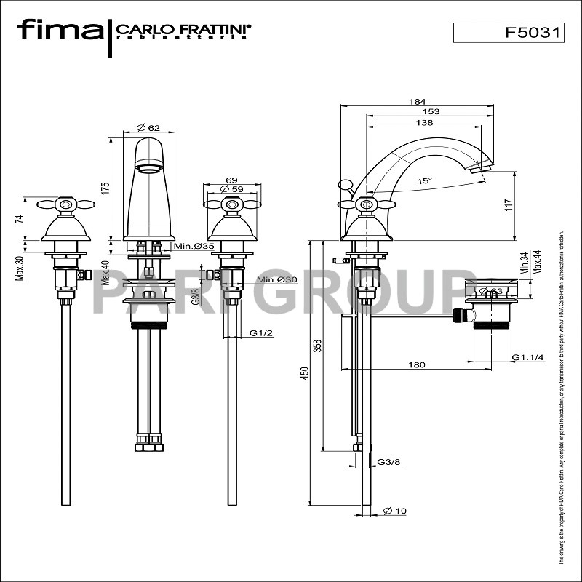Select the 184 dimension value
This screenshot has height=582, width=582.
click(x=418, y=102)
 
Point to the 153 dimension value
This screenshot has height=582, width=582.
click(x=431, y=111)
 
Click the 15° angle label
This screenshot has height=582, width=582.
click(x=423, y=180)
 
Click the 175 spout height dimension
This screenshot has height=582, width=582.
click(x=105, y=188)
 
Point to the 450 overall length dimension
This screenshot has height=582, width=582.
click(x=306, y=372)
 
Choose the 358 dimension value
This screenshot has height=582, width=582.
click(x=317, y=346)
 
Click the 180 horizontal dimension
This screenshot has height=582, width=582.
click(x=417, y=365)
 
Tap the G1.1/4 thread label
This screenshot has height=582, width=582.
click(x=526, y=357)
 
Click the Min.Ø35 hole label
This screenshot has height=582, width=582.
click(x=194, y=247)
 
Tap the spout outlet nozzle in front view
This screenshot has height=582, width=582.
click(x=148, y=170)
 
